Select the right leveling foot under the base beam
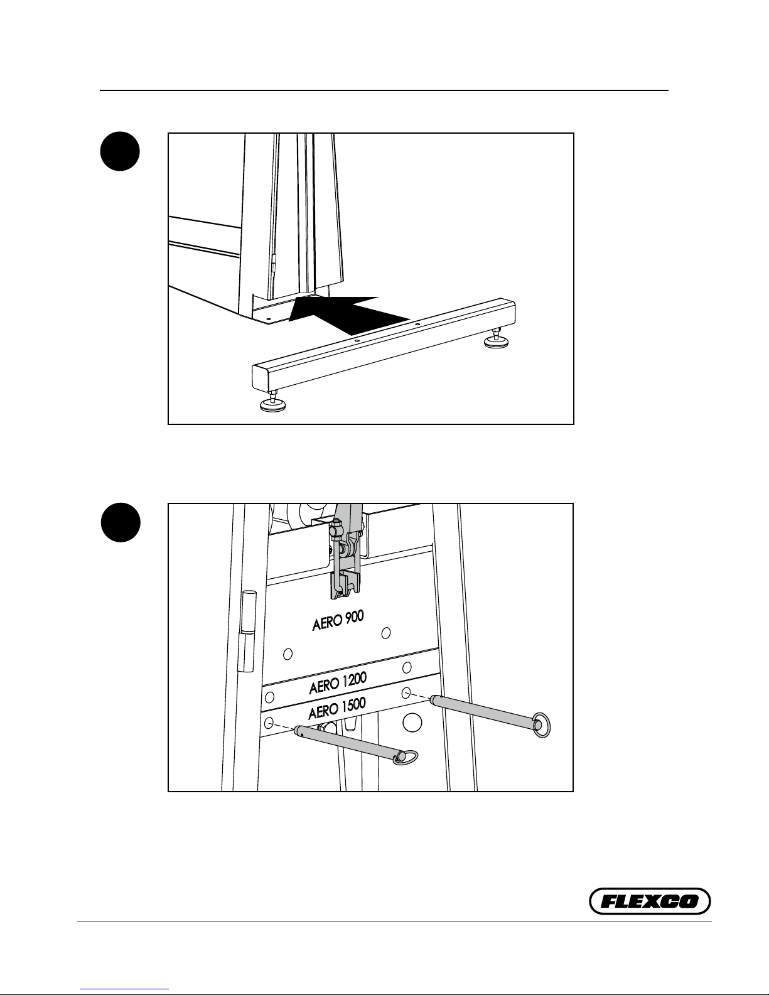click(x=496, y=340)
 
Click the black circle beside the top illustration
click(x=121, y=151)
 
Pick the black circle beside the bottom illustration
click(x=121, y=522)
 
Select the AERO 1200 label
click(x=338, y=683)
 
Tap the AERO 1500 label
click(x=337, y=710)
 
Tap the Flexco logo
click(x=650, y=901)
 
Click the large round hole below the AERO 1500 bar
click(x=412, y=723)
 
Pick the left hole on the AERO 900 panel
click(x=288, y=653)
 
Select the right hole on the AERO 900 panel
click(x=387, y=632)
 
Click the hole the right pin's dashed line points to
click(x=406, y=693)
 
